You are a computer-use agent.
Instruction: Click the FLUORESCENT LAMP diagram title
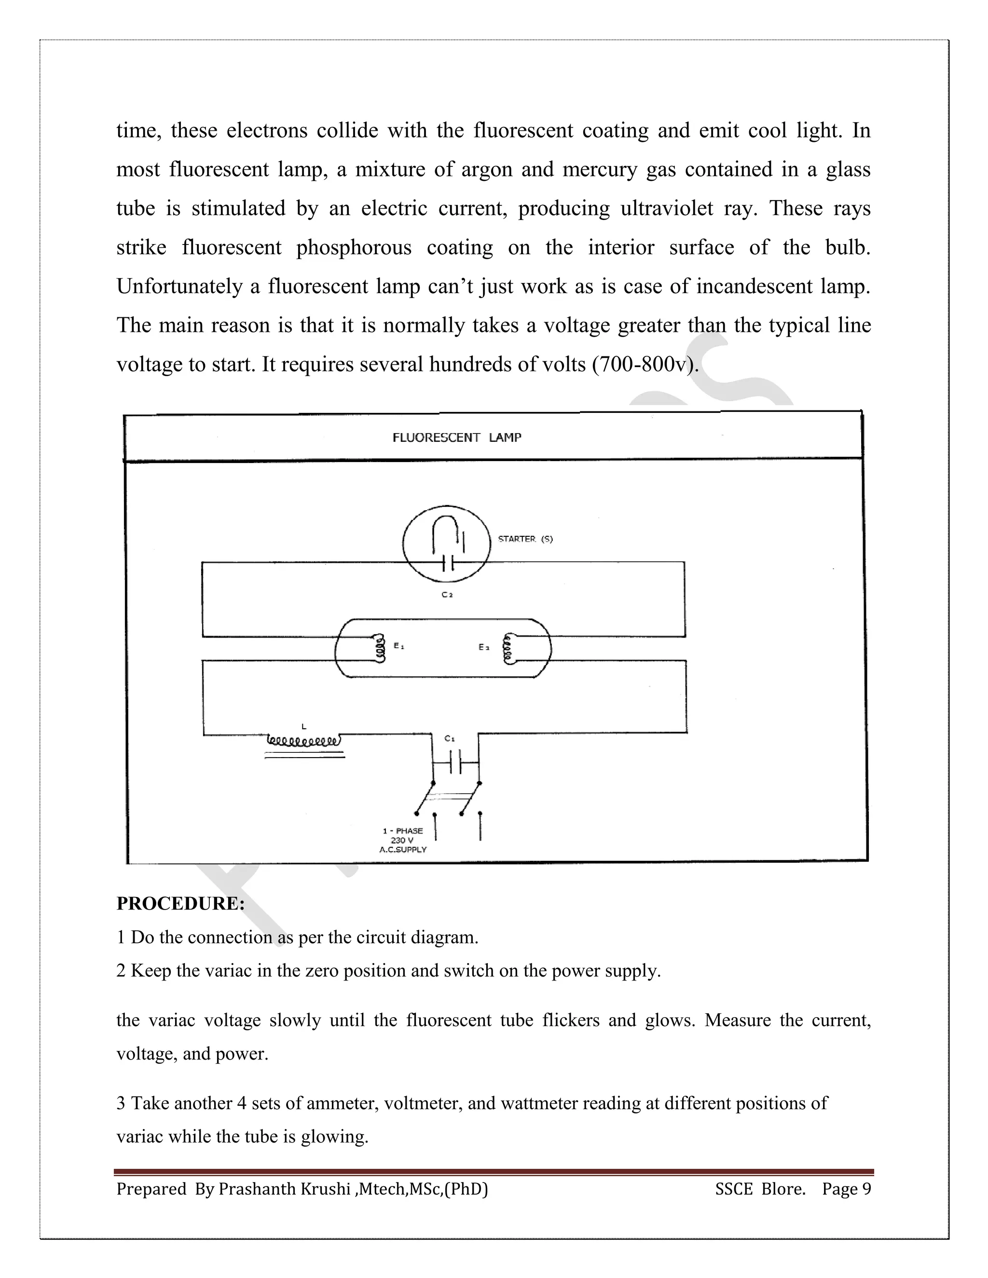(456, 438)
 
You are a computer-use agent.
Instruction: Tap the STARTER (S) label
(525, 539)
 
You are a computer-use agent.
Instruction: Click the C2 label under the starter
(447, 595)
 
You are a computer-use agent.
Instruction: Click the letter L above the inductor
(303, 726)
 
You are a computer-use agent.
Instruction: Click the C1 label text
(450, 738)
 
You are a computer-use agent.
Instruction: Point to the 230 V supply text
(402, 840)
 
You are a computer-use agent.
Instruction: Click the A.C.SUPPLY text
(403, 850)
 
